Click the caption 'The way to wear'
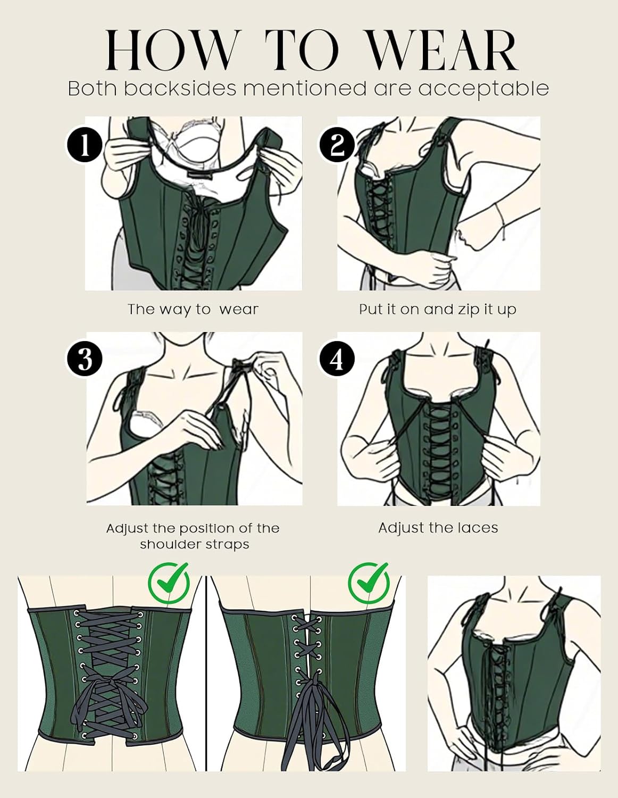coord(193,309)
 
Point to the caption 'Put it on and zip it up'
coord(437,309)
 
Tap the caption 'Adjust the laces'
coord(438,528)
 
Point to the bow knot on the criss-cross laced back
coord(109,698)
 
